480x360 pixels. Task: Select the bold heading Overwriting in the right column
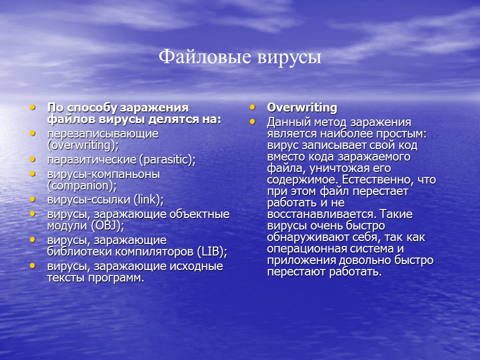(302, 107)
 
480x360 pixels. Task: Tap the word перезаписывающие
(103, 134)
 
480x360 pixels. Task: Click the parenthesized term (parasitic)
(167, 159)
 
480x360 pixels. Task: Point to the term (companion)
(82, 185)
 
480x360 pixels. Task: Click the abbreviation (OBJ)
(107, 225)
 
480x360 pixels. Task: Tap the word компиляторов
(150, 251)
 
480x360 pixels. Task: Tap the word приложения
(297, 260)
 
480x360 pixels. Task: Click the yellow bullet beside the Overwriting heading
(252, 107)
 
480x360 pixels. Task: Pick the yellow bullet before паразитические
(32, 159)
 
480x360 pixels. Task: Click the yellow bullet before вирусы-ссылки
(32, 199)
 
